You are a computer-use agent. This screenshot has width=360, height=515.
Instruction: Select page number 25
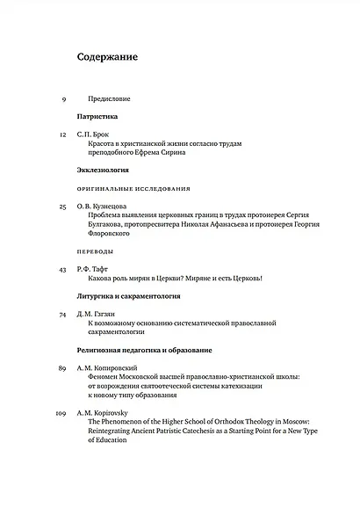coord(62,206)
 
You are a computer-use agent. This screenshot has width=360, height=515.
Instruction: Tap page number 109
coord(61,412)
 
